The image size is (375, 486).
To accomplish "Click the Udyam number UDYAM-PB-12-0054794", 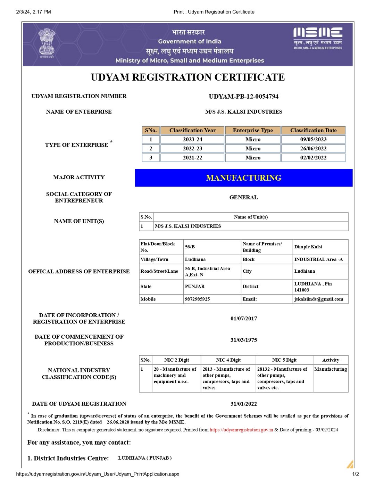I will [x=243, y=97].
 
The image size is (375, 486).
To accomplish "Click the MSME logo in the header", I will [x=318, y=38].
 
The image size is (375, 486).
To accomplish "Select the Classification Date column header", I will [x=313, y=130].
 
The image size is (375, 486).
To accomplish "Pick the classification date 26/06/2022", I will [x=313, y=148].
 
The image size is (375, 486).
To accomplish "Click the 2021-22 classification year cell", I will [x=192, y=157].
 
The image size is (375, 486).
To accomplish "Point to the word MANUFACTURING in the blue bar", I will [x=243, y=178].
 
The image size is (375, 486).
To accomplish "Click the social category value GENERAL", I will [x=243, y=197].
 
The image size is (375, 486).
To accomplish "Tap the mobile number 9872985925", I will [x=197, y=299].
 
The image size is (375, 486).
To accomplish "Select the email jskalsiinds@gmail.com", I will [x=318, y=299].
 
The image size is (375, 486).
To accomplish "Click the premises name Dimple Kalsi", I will [x=308, y=247].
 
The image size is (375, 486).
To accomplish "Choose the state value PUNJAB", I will [x=194, y=287].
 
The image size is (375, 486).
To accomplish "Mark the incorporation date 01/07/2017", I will [x=243, y=319].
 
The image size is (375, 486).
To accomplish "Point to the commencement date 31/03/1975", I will [x=243, y=340].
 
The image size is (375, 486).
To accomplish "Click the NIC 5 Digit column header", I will [x=284, y=360].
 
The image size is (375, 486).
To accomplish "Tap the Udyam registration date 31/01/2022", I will [x=243, y=404].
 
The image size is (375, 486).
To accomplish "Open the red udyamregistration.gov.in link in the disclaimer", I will [x=241, y=430].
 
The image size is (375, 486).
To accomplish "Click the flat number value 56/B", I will [x=190, y=247].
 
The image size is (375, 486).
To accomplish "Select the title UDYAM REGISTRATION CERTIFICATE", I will [x=187, y=77].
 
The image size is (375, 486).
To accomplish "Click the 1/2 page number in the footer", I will [x=356, y=474].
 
